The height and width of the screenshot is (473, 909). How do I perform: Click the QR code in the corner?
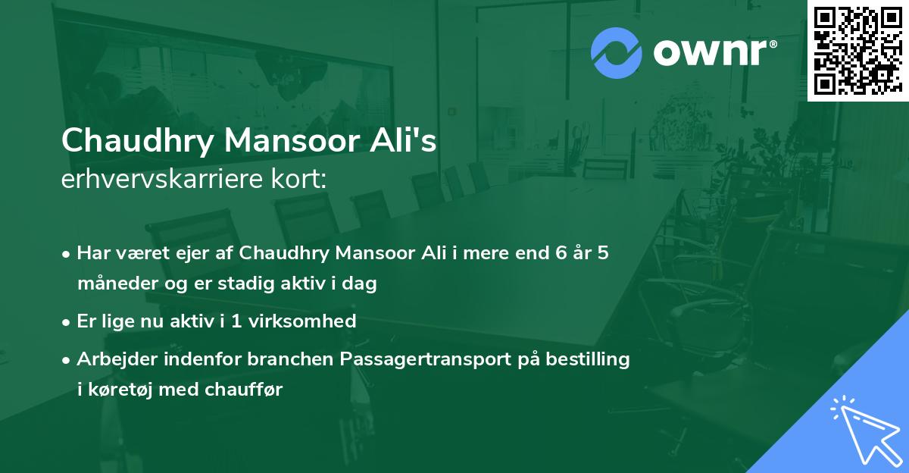click(x=857, y=50)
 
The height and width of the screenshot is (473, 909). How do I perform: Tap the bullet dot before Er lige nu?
click(x=67, y=322)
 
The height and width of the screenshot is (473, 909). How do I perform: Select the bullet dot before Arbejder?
click(x=67, y=360)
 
